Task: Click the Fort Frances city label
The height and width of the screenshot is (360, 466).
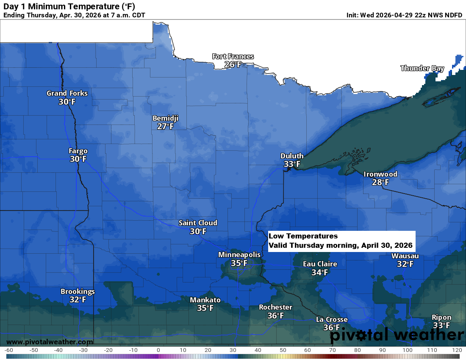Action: pyautogui.click(x=233, y=56)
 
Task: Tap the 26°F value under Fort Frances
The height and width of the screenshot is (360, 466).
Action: pyautogui.click(x=233, y=65)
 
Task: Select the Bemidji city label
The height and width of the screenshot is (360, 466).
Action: pyautogui.click(x=165, y=118)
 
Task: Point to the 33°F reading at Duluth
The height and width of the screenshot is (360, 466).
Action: pyautogui.click(x=292, y=164)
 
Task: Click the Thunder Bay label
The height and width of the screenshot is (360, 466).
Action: pyautogui.click(x=422, y=68)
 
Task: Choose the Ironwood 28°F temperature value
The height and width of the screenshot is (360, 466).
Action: pyautogui.click(x=380, y=183)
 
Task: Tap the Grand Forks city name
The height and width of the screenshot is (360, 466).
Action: pyautogui.click(x=67, y=93)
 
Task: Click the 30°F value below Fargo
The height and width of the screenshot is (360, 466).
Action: pyautogui.click(x=78, y=159)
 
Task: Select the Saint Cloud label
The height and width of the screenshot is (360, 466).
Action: pyautogui.click(x=198, y=223)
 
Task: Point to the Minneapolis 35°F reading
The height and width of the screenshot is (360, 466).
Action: pyautogui.click(x=239, y=263)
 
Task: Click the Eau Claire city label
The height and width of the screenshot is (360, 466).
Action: pyautogui.click(x=320, y=264)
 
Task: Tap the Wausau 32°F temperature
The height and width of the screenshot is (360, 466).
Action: pyautogui.click(x=405, y=264)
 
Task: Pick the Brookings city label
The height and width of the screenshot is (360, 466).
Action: pyautogui.click(x=78, y=291)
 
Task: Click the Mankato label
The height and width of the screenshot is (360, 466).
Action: pyautogui.click(x=205, y=300)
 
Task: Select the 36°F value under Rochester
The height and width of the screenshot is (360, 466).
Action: pyautogui.click(x=275, y=316)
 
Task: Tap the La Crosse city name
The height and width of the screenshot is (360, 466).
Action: pyautogui.click(x=332, y=319)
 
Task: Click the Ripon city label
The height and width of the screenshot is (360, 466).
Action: pyautogui.click(x=441, y=317)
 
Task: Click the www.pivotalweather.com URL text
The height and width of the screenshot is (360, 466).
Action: pyautogui.click(x=50, y=342)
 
